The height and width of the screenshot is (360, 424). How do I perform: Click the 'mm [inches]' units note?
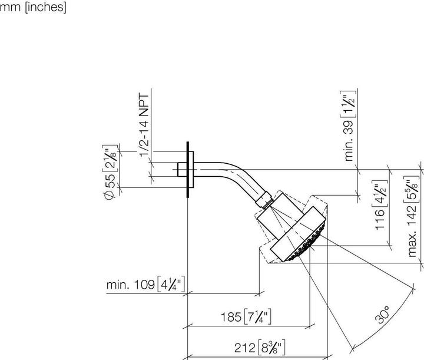[x=33, y=8]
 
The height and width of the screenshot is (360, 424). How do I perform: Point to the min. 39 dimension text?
[x=349, y=127]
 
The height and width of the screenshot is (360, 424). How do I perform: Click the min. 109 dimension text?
[x=146, y=285]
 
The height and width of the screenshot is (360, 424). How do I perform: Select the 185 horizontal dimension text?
[x=247, y=318]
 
